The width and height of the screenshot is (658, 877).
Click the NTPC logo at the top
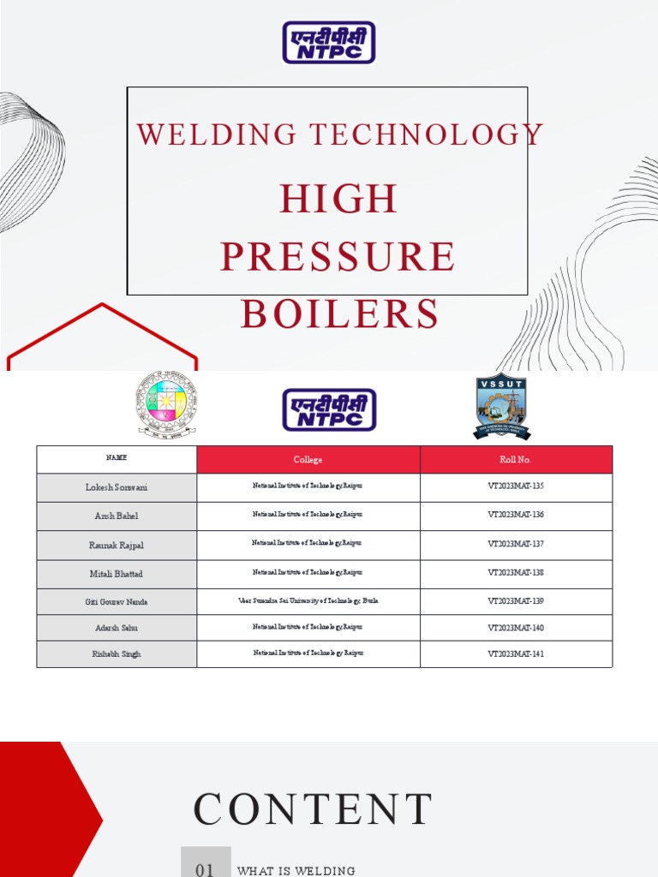[329, 43]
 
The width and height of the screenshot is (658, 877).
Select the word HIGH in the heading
[338, 200]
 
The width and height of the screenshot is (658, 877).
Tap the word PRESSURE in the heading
[338, 257]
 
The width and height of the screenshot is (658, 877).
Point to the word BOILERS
[339, 314]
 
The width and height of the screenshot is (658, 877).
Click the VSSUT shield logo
[502, 406]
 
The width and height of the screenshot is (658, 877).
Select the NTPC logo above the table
[329, 409]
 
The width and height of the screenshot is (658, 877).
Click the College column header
[308, 460]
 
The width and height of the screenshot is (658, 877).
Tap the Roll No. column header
[516, 460]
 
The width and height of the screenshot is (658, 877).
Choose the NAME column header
[117, 459]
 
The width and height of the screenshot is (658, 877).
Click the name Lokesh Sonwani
[117, 487]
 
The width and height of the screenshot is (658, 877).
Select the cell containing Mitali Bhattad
[117, 574]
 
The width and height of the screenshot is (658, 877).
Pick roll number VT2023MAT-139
[516, 601]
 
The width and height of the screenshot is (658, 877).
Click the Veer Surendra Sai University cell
[308, 601]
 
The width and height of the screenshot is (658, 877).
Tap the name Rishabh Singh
[117, 654]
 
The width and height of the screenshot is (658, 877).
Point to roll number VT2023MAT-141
[516, 654]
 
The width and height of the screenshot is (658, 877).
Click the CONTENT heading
[313, 809]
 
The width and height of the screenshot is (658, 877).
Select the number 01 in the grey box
[206, 868]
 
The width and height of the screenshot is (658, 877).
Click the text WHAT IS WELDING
[296, 871]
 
